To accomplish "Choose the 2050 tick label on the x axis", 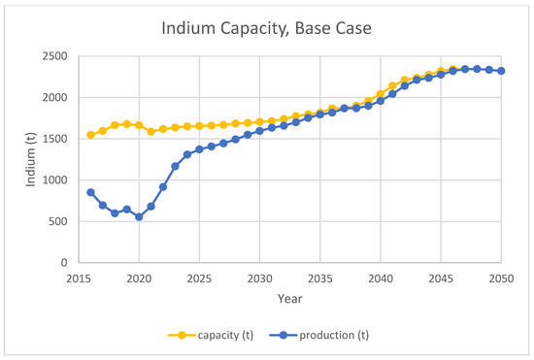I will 501,277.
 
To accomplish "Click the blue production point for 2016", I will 90,192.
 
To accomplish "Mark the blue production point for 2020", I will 139,217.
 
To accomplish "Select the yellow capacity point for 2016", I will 90,135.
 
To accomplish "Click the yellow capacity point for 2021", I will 151,131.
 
